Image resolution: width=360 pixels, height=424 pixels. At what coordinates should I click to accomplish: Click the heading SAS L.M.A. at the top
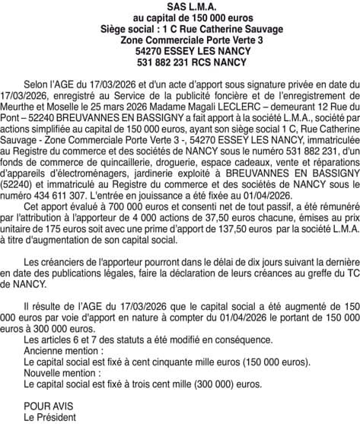[180, 6]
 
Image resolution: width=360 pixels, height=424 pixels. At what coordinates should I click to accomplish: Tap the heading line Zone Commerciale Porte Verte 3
[180, 38]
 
